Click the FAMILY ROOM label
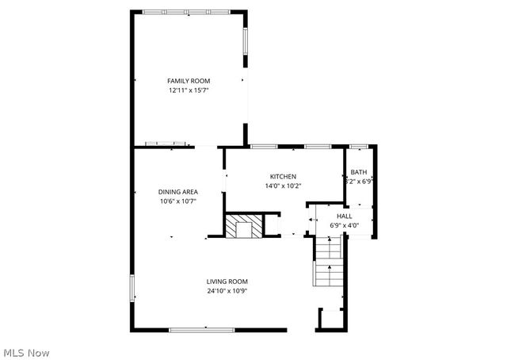coord(188,81)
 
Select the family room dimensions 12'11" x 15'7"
coord(188,90)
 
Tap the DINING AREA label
coord(177,192)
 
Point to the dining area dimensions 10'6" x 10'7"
coord(177,201)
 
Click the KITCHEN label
coord(283,177)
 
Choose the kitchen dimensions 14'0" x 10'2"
coord(283,186)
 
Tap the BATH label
coord(359,172)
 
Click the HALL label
coord(345,216)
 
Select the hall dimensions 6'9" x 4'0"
coord(345,225)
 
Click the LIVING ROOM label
coord(227,281)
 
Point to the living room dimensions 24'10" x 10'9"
coord(227,291)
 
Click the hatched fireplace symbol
coord(239,226)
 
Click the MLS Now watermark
coord(26,351)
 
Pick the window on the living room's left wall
coord(132,289)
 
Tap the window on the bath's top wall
coord(359,147)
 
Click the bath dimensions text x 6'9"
coord(361,182)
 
